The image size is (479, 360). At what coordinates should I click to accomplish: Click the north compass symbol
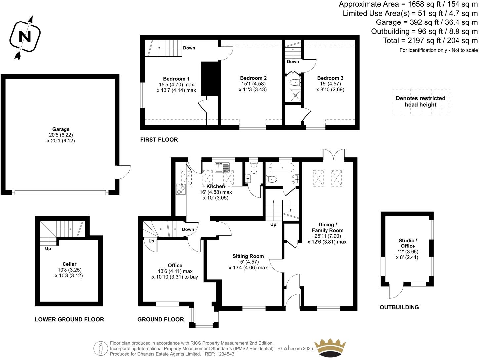pyautogui.click(x=25, y=36)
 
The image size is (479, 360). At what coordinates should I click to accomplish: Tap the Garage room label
pyautogui.click(x=61, y=129)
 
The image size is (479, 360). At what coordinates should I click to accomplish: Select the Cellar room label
pyautogui.click(x=69, y=264)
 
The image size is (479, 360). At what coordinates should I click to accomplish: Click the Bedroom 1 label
pyautogui.click(x=176, y=79)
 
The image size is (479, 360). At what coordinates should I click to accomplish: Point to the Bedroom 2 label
pyautogui.click(x=253, y=78)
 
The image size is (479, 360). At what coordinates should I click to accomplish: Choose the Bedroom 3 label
pyautogui.click(x=330, y=78)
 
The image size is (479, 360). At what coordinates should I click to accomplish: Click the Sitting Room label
pyautogui.click(x=248, y=256)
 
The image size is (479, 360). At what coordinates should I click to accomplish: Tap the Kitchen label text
pyautogui.click(x=216, y=186)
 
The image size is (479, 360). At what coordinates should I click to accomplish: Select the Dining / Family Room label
pyautogui.click(x=327, y=228)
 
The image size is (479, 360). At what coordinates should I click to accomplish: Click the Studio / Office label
pyautogui.click(x=408, y=243)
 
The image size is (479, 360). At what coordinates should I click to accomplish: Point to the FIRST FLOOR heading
pyautogui.click(x=159, y=140)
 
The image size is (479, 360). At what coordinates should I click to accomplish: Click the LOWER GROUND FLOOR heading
pyautogui.click(x=69, y=319)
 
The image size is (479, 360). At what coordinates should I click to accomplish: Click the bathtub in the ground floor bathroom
pyautogui.click(x=282, y=168)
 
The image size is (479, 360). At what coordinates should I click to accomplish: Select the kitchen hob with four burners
pyautogui.click(x=181, y=189)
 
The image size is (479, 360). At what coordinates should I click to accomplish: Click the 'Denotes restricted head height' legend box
pyautogui.click(x=420, y=101)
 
